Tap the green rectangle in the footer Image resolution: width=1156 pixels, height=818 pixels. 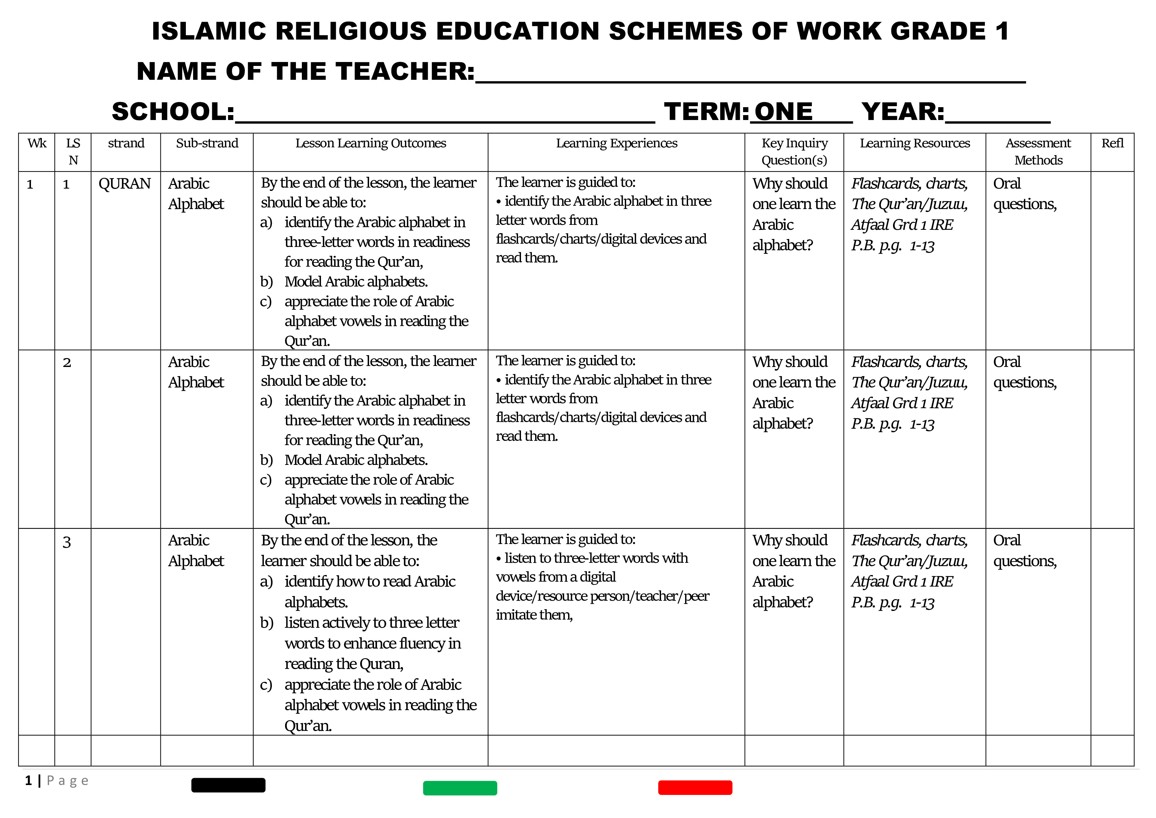[460, 788]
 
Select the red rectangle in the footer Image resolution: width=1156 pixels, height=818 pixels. [695, 787]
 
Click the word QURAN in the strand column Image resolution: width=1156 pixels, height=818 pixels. [124, 184]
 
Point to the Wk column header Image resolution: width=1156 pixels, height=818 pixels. [37, 143]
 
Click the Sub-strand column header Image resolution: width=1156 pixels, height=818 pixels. [207, 143]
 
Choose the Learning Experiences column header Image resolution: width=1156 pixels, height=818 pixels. [616, 143]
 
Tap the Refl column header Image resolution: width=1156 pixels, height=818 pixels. [1112, 143]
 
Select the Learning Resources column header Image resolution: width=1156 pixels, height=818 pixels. [914, 143]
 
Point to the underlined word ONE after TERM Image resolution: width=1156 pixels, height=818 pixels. [783, 111]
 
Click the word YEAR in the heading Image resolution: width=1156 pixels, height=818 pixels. [902, 111]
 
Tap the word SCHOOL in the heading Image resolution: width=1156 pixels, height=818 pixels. [173, 111]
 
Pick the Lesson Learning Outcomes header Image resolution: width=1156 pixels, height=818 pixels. [371, 143]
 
